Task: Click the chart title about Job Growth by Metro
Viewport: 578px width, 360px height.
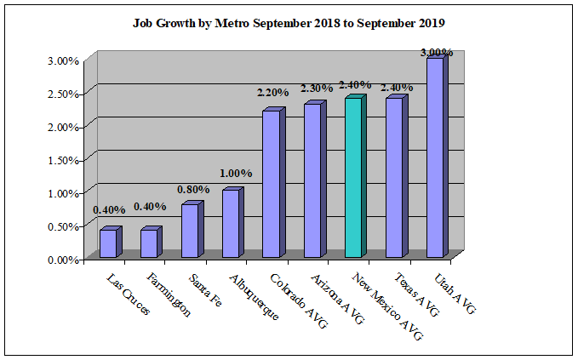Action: pyautogui.click(x=289, y=23)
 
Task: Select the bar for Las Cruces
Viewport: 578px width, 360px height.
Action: pyautogui.click(x=108, y=243)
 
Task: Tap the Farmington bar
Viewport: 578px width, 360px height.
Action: pyautogui.click(x=149, y=243)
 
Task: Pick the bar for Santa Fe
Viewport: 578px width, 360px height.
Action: pyautogui.click(x=190, y=231)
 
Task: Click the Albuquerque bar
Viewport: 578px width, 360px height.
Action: pyautogui.click(x=231, y=224)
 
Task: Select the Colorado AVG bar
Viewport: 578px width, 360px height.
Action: pyautogui.click(x=272, y=185)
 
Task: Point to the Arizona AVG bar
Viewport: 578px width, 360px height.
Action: pyautogui.click(x=312, y=181)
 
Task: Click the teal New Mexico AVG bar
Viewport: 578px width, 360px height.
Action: pyautogui.click(x=353, y=178)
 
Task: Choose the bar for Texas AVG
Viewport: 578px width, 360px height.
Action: pyautogui.click(x=394, y=178)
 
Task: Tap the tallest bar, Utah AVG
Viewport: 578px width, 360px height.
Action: pyautogui.click(x=435, y=158)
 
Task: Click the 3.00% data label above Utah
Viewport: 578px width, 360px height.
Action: pyautogui.click(x=437, y=53)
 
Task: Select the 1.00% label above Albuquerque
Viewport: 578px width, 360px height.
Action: pyautogui.click(x=235, y=174)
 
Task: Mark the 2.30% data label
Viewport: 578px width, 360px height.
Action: pyautogui.click(x=314, y=88)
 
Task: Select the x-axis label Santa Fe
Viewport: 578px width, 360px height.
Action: pyautogui.click(x=205, y=289)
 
